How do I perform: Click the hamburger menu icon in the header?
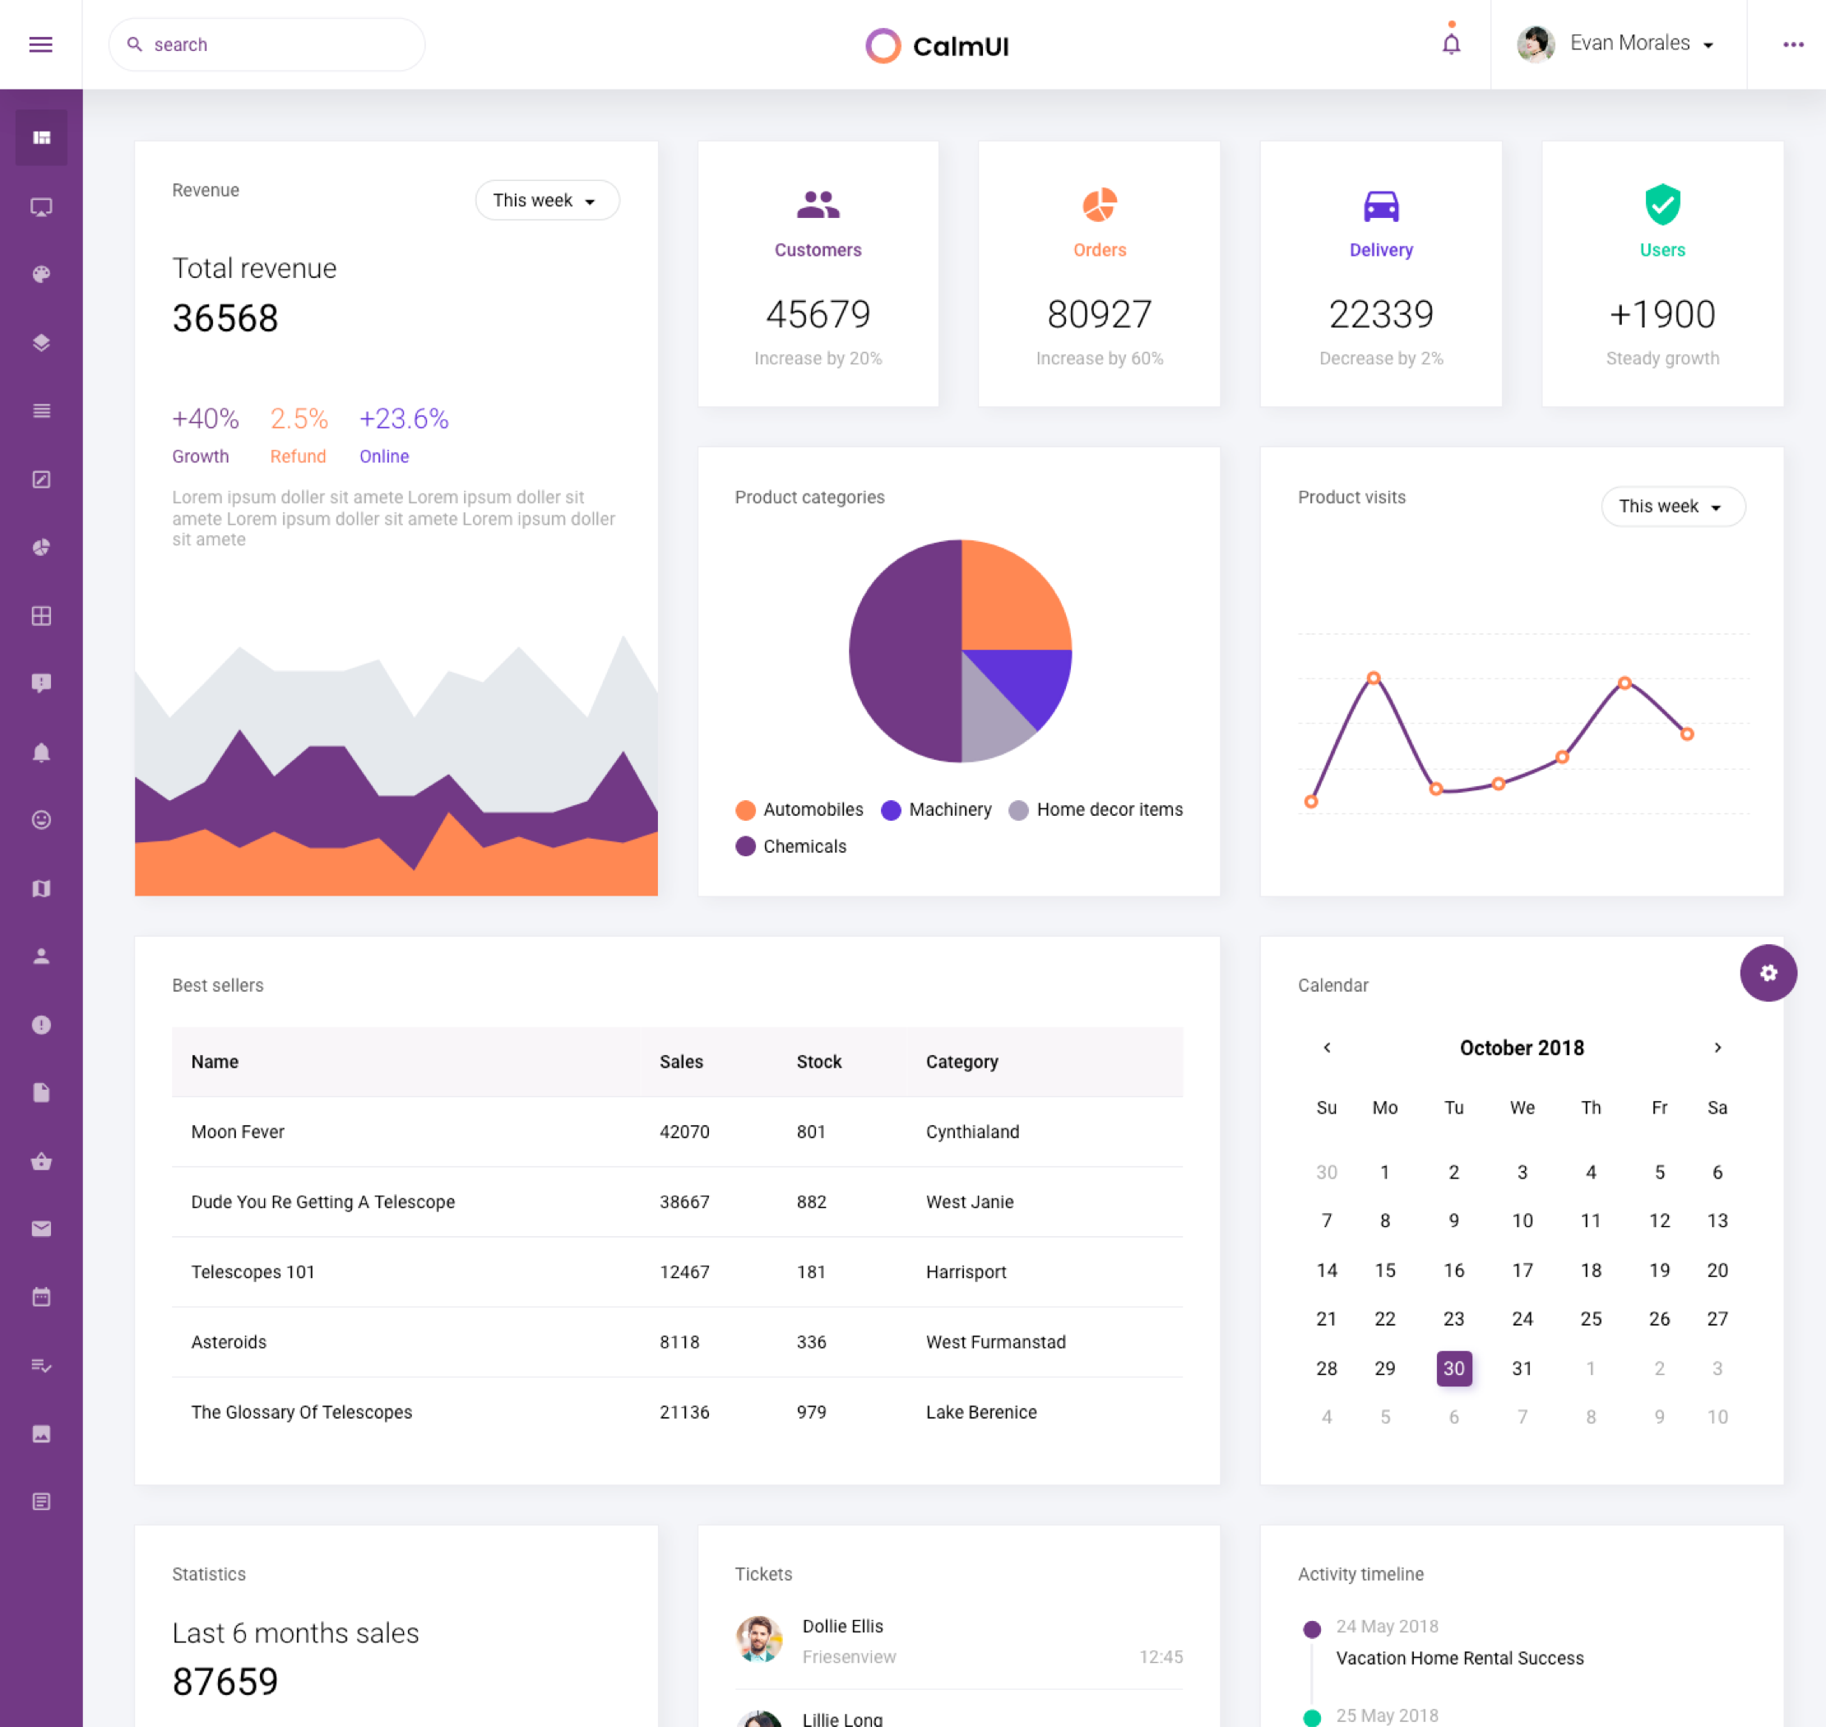[40, 44]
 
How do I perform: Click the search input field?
[276, 44]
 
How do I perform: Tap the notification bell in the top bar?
[1450, 44]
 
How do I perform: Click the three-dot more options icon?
[1792, 44]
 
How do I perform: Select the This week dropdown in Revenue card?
[546, 200]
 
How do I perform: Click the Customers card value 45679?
[818, 315]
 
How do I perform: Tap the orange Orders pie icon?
[1099, 206]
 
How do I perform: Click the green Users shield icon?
[1661, 205]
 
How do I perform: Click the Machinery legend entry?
[937, 809]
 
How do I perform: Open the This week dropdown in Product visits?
[1671, 507]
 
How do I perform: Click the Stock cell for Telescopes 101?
[810, 1271]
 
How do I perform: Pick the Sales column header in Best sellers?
[680, 1062]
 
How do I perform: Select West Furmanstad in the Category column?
[995, 1341]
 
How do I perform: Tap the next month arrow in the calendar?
[1717, 1048]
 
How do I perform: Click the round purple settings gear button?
[1767, 972]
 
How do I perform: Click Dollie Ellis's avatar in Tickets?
[758, 1640]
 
